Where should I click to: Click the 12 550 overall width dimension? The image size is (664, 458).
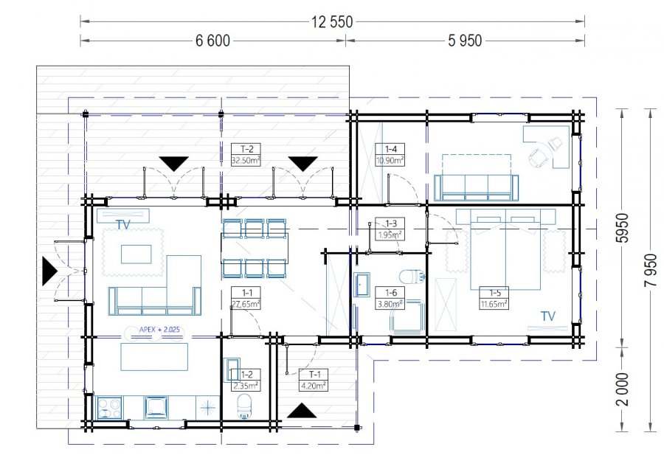(332, 21)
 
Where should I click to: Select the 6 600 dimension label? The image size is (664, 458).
(212, 41)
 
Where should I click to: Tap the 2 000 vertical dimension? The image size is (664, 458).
(623, 389)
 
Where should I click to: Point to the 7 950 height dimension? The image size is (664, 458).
(651, 270)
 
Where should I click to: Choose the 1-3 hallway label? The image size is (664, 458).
(390, 229)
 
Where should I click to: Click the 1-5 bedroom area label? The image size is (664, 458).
(494, 298)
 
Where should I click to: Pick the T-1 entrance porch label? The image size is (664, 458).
(314, 380)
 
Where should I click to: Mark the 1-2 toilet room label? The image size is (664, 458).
(246, 380)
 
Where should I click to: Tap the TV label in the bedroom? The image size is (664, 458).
(548, 316)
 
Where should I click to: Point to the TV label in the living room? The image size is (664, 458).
(122, 225)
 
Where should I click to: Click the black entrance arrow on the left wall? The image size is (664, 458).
(49, 271)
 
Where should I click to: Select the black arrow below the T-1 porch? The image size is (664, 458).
(302, 411)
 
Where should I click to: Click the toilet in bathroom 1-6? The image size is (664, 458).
(412, 277)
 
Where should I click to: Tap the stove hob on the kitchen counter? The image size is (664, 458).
(109, 408)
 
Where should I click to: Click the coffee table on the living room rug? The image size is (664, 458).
(136, 254)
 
